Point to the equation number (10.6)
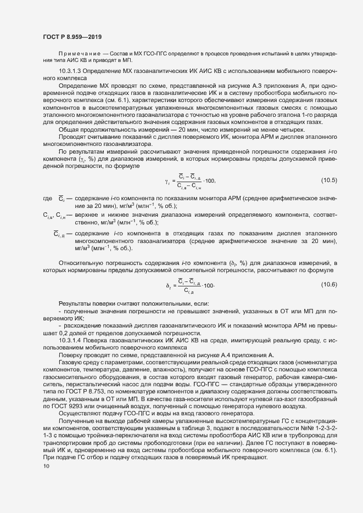tap(329, 284)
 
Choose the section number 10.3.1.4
tap(69, 341)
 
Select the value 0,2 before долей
tap(58, 334)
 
